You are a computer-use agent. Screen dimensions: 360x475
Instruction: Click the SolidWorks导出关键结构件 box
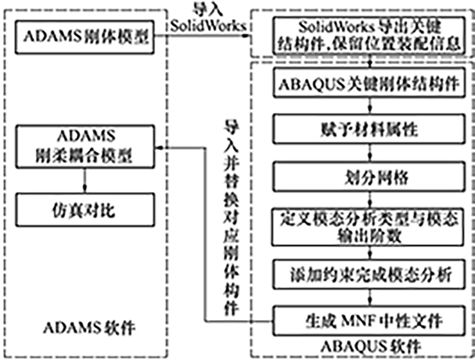[369, 36]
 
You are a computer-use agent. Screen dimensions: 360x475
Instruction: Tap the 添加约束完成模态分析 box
[369, 274]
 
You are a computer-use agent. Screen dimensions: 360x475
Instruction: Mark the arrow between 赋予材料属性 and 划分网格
[369, 154]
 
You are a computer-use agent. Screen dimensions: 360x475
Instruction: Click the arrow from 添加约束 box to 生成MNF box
[369, 297]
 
